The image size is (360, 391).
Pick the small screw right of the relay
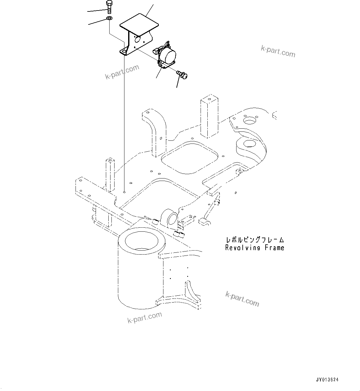point(183,74)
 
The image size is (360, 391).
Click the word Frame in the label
point(274,248)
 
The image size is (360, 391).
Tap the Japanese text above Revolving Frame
point(254,240)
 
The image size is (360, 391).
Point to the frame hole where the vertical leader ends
point(124,192)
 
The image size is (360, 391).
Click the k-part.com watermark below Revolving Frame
point(242,299)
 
